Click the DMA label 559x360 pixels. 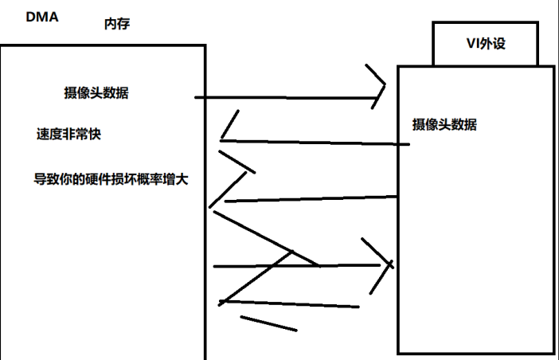[x=41, y=15]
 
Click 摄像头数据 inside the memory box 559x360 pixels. [x=96, y=92]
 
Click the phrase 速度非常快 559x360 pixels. [x=68, y=134]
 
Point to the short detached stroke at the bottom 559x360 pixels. [x=268, y=323]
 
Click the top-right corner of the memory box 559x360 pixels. [x=205, y=45]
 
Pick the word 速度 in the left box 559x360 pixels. [x=49, y=134]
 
